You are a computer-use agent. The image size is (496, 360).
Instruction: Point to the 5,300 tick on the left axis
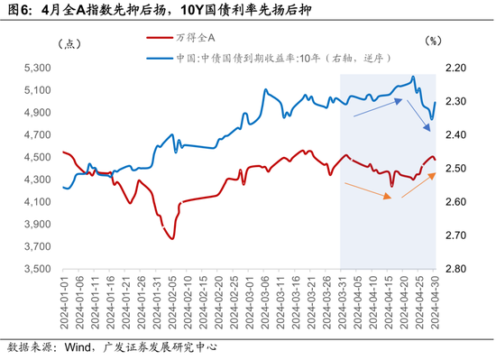point(39,68)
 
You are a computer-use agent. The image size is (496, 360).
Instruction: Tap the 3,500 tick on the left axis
point(39,269)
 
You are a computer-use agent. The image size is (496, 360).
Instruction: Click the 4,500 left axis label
point(39,157)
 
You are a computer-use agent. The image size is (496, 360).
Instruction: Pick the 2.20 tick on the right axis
point(456,68)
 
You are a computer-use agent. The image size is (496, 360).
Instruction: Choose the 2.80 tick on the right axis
point(456,269)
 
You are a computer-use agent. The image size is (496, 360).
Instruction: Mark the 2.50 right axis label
point(456,169)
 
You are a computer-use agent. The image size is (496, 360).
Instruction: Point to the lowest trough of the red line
point(171,237)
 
